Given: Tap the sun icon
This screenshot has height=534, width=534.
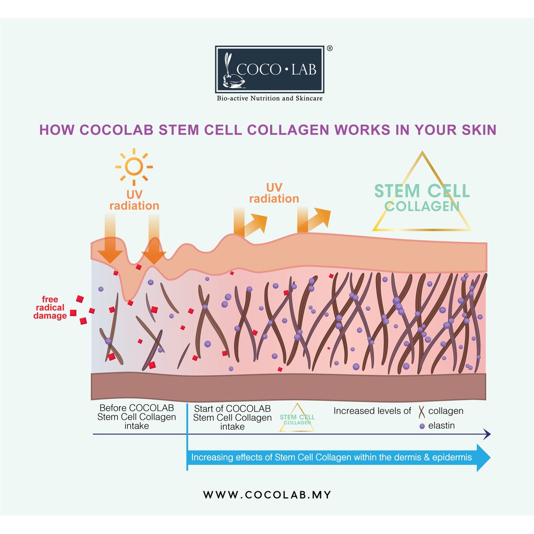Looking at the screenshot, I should (134, 166).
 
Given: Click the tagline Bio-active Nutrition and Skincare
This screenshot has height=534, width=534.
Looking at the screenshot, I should (269, 98).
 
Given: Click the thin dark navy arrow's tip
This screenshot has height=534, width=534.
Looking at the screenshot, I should (489, 434).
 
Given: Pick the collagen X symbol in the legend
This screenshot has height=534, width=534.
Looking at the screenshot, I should (421, 412).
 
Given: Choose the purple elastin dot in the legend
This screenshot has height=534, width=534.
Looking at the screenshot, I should (421, 426).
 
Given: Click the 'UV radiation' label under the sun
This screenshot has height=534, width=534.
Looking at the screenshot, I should (135, 200).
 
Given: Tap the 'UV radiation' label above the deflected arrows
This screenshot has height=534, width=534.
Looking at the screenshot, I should (274, 193).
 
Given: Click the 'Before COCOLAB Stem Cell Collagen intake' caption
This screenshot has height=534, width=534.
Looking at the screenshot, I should (137, 417).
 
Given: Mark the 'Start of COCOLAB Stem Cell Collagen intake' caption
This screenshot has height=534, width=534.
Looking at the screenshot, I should (232, 417).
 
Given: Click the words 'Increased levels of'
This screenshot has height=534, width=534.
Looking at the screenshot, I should (372, 411).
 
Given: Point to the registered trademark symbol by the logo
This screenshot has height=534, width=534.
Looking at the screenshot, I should (330, 48).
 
